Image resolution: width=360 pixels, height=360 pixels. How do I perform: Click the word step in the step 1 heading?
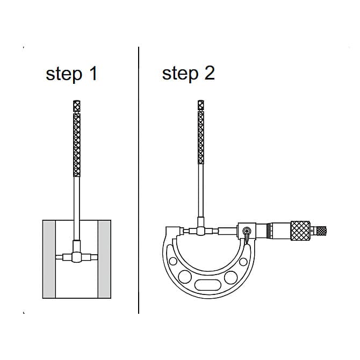[x=64, y=74]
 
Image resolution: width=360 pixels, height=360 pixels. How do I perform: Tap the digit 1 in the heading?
[x=93, y=73]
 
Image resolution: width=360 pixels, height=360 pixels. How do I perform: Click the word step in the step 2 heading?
[x=180, y=74]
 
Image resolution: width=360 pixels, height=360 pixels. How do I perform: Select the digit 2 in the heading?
[x=210, y=73]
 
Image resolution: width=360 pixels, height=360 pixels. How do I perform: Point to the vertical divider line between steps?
[x=139, y=180]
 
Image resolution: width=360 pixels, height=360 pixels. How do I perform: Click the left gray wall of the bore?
[x=49, y=259]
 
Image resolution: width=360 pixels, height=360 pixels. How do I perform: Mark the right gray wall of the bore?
[x=104, y=259]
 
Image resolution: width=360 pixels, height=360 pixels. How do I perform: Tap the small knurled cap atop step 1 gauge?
[x=77, y=106]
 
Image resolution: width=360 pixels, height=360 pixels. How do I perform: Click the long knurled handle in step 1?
[x=77, y=145]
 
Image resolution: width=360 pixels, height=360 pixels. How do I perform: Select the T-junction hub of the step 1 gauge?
[x=77, y=257]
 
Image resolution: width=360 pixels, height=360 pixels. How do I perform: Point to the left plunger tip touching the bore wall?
[x=59, y=257]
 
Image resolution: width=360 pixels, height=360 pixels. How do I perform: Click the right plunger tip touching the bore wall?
[x=94, y=257]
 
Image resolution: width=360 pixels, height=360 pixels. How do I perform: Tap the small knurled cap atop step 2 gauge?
[x=200, y=105]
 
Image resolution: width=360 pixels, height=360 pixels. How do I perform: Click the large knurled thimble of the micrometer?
[x=300, y=231]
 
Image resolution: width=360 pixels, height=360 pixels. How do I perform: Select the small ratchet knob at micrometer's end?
[x=321, y=231]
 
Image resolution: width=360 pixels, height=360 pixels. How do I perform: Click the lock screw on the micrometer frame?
[x=247, y=231]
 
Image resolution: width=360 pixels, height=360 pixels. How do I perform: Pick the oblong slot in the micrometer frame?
[x=208, y=285]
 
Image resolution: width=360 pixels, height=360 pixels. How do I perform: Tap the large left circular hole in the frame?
[x=185, y=277]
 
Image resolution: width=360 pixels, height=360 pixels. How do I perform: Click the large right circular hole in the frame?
[x=231, y=277]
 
